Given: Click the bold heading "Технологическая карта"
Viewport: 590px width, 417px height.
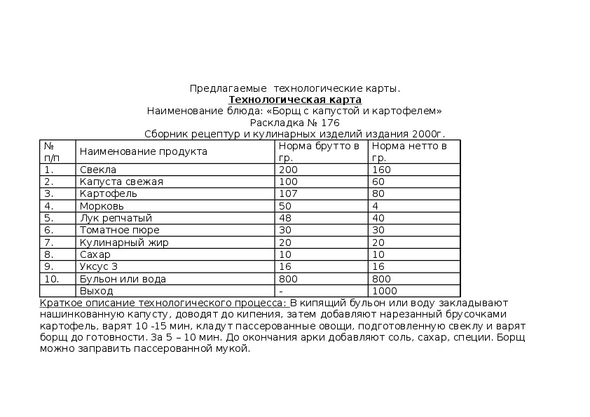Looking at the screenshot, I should [295, 100].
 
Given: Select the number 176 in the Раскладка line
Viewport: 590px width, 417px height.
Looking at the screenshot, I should [331, 123].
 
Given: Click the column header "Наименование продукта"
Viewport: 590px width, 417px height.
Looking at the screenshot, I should [143, 151].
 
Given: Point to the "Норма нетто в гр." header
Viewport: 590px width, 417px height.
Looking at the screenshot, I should [409, 151].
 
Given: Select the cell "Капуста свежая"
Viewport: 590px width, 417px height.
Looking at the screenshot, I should [121, 182].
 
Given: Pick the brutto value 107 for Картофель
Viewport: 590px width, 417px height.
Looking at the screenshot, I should [288, 193].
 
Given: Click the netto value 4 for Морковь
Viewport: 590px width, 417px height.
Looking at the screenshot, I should [376, 206].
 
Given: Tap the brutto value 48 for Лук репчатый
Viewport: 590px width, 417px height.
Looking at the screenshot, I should [285, 218].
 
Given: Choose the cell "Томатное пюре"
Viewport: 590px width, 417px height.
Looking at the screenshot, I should [119, 230].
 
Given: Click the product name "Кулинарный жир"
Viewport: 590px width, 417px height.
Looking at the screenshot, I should [124, 242].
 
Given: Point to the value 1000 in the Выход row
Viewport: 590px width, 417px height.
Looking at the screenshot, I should [385, 291].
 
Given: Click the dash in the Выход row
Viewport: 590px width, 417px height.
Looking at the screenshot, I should [280, 291].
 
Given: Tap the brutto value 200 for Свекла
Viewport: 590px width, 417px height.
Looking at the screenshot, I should [288, 170].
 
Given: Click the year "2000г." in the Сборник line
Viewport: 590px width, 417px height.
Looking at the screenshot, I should [429, 134].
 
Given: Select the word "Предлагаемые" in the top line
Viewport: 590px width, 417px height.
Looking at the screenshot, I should [228, 89].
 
